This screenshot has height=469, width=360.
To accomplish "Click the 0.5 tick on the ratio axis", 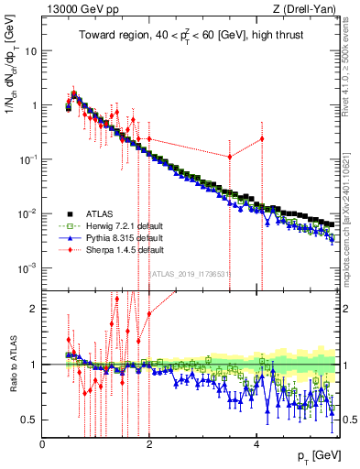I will (x=30, y=420).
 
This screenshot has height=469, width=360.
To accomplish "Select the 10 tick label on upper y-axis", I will (x=31, y=50).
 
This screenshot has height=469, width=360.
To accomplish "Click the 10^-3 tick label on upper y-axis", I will (x=27, y=267).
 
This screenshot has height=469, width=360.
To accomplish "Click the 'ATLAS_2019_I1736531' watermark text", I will (x=191, y=275).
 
